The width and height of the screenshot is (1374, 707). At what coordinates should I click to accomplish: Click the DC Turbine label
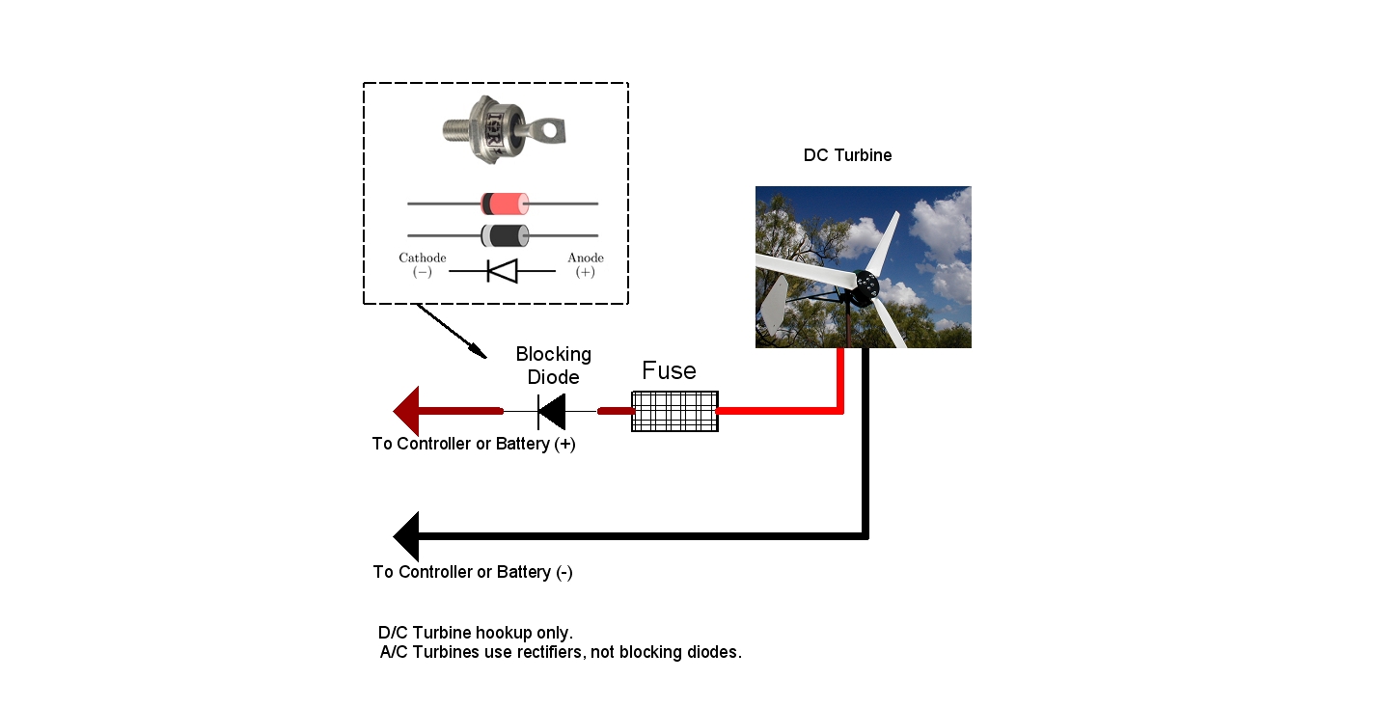[847, 155]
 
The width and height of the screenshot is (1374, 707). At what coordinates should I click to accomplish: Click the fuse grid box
[674, 412]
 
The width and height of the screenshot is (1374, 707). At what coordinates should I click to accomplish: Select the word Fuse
[670, 370]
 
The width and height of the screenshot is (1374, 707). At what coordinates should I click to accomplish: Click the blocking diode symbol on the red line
[552, 412]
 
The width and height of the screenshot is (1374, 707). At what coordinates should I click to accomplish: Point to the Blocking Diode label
[553, 366]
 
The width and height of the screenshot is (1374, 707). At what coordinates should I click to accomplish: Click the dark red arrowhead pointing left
[406, 411]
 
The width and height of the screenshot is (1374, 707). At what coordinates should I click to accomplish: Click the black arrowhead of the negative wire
[406, 536]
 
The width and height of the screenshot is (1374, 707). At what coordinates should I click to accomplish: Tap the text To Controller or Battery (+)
[474, 444]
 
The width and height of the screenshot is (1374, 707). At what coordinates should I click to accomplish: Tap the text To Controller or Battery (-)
[473, 572]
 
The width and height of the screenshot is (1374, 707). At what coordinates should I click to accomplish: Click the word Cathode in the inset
[423, 258]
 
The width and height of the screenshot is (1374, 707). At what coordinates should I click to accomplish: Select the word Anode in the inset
[585, 258]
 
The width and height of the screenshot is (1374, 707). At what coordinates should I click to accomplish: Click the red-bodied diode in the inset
[505, 204]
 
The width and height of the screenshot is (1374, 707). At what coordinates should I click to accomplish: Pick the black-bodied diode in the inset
[505, 235]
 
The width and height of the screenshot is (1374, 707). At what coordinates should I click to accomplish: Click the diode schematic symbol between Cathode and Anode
[503, 271]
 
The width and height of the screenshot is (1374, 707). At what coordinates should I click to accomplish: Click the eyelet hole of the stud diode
[550, 130]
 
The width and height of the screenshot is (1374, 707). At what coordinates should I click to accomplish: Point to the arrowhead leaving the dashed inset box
[478, 351]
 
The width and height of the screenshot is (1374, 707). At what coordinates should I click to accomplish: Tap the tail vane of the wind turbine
[774, 306]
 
